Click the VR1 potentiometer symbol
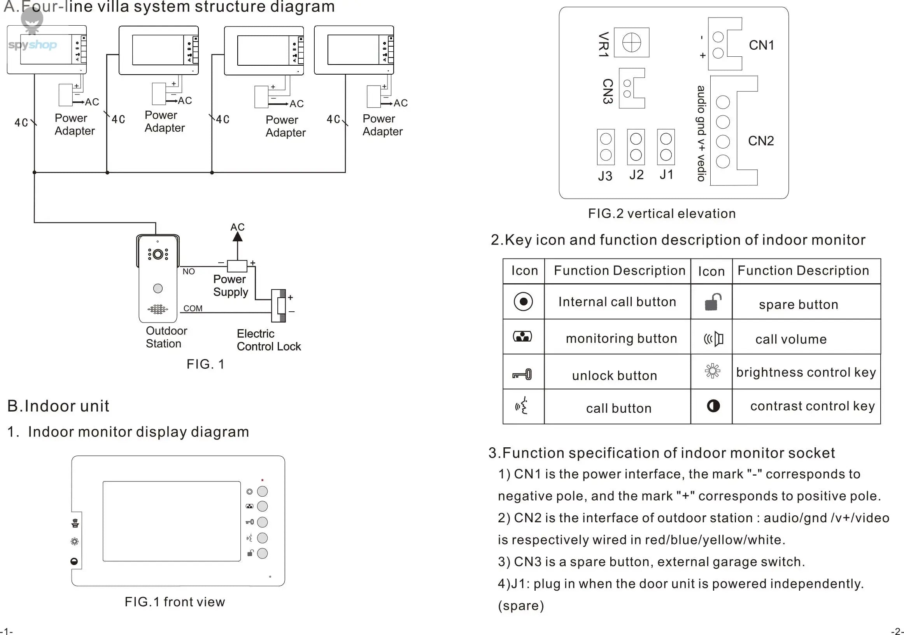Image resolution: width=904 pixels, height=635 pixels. point(632,42)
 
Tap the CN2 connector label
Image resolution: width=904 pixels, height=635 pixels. point(761,141)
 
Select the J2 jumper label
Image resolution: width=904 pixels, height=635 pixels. point(636,174)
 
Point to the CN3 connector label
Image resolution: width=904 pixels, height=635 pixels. point(608,91)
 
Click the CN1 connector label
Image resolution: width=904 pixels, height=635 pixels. point(762,45)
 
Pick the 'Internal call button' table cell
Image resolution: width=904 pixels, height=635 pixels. point(617,302)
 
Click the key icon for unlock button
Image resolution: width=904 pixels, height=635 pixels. point(522,374)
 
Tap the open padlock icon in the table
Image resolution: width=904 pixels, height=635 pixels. point(713,302)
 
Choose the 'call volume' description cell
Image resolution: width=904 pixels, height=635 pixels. point(791,339)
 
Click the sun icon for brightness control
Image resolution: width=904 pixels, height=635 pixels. point(712,371)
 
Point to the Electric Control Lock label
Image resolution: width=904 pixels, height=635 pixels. point(268,340)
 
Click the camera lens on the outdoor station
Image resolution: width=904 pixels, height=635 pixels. point(158,255)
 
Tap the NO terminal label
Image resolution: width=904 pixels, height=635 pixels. point(189,272)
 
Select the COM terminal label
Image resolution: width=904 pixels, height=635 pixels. point(193,309)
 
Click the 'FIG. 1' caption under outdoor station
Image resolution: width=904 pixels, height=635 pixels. point(205,364)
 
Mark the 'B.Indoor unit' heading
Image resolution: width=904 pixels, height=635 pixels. point(58,406)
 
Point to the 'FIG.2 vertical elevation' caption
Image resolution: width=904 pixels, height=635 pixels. point(661,214)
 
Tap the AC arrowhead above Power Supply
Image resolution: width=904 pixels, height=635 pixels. point(237,236)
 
